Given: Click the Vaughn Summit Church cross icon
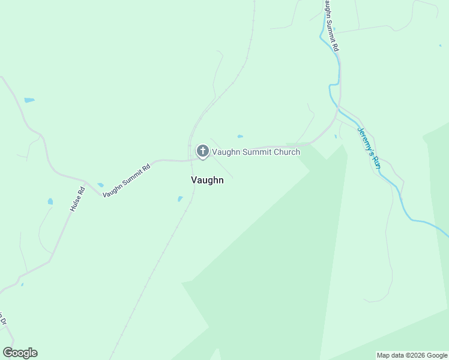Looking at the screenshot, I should [x=203, y=151].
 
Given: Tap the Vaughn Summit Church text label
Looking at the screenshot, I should [x=256, y=152].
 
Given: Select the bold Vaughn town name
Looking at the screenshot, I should [x=207, y=179].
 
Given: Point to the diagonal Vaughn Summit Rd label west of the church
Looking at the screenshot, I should [x=126, y=181].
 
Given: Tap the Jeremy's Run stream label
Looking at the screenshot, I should [x=369, y=147].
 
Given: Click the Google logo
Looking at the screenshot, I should [x=20, y=352].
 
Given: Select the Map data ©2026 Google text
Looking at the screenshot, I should [x=412, y=355].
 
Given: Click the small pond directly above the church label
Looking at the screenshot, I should [x=240, y=136].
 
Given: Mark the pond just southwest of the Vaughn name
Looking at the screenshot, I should [x=180, y=199].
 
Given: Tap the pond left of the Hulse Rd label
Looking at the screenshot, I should [x=50, y=202].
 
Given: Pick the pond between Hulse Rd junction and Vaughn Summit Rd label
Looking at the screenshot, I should [x=100, y=185].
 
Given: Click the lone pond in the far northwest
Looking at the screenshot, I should [x=29, y=100].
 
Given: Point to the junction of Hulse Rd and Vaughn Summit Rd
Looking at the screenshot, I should [x=85, y=182].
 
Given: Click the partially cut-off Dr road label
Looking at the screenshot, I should [x=2, y=318].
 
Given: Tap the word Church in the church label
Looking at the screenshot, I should [x=286, y=152].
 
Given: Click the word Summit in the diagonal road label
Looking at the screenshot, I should [x=127, y=180].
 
